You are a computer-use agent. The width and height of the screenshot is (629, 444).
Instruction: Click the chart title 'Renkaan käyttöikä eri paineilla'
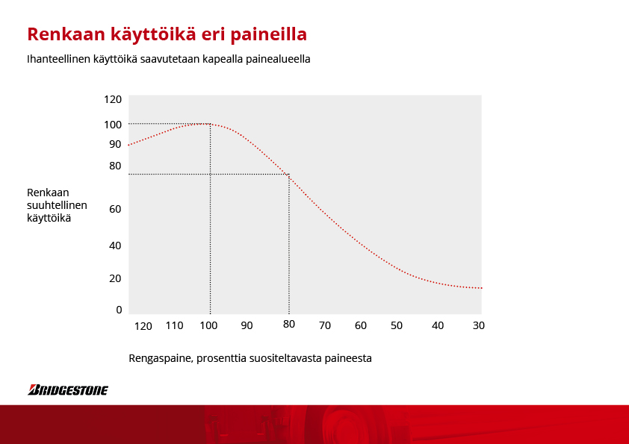(x=167, y=35)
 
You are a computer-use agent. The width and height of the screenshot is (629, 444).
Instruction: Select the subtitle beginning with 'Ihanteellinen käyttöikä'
(x=169, y=59)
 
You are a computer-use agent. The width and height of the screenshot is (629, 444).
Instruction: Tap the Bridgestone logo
(x=68, y=390)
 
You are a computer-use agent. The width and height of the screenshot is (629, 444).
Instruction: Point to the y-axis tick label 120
(x=113, y=99)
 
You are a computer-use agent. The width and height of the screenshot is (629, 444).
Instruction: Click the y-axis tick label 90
(x=115, y=144)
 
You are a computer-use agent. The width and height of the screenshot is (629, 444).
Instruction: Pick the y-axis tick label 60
(x=115, y=209)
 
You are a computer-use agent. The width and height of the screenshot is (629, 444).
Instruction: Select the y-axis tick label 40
(x=115, y=246)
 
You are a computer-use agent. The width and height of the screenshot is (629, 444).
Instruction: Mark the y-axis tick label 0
(x=119, y=310)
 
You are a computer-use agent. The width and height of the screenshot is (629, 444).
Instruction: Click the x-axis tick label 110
(x=175, y=325)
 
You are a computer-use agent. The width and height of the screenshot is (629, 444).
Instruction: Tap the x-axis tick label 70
(x=325, y=325)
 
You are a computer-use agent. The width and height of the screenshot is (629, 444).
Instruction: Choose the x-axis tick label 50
(x=397, y=325)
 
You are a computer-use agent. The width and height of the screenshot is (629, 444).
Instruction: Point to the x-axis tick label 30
(x=479, y=325)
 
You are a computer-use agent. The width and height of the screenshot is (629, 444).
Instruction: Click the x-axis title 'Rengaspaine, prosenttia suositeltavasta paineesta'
(x=250, y=358)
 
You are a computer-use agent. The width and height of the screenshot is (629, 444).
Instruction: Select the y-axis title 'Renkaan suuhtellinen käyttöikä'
(x=57, y=205)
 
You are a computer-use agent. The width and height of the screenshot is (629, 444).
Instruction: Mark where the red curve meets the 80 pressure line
(x=289, y=175)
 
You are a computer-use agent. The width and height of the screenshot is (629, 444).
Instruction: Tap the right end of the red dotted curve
(x=481, y=288)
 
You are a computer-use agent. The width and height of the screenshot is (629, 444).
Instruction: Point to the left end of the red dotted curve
(x=128, y=145)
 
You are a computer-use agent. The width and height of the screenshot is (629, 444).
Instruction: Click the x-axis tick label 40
(x=438, y=325)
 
